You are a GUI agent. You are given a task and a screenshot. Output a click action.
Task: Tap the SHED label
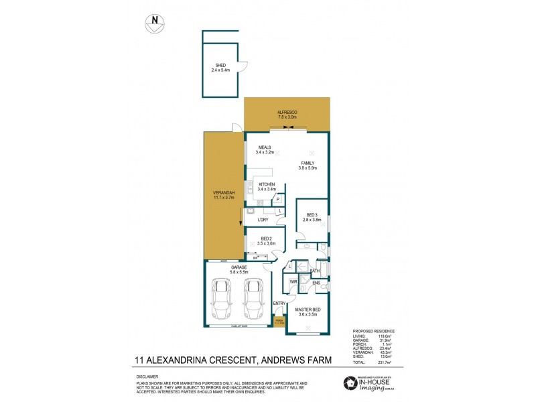tap(220, 67)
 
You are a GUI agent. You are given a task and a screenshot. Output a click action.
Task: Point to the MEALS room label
tap(265, 149)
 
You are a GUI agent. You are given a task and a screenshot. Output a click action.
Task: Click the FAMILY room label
tap(308, 165)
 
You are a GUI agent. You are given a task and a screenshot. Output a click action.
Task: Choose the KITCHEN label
tap(267, 186)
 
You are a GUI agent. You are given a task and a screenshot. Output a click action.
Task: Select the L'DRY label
tap(263, 219)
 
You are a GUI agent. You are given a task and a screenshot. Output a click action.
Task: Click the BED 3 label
tap(312, 217)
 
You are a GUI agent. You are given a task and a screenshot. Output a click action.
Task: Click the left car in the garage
tap(222, 299)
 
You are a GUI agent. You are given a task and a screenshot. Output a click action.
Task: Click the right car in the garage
tap(253, 299)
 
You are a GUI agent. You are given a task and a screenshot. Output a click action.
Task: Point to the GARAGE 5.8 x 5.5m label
tap(238, 270)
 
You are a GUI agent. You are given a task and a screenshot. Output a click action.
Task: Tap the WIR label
tap(293, 282)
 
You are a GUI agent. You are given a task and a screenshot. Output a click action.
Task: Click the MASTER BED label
tap(308, 312)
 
